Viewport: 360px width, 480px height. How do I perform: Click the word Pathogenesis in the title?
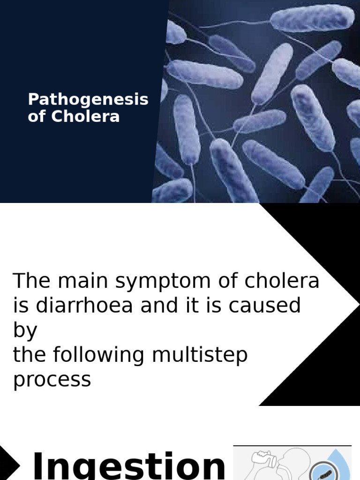[x=88, y=100]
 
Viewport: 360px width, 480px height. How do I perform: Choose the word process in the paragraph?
[x=52, y=379]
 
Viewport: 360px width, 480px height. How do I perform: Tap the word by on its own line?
[x=25, y=330]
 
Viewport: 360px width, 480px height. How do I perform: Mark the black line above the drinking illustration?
[x=292, y=445]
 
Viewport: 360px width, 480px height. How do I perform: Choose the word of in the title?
[x=37, y=116]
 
